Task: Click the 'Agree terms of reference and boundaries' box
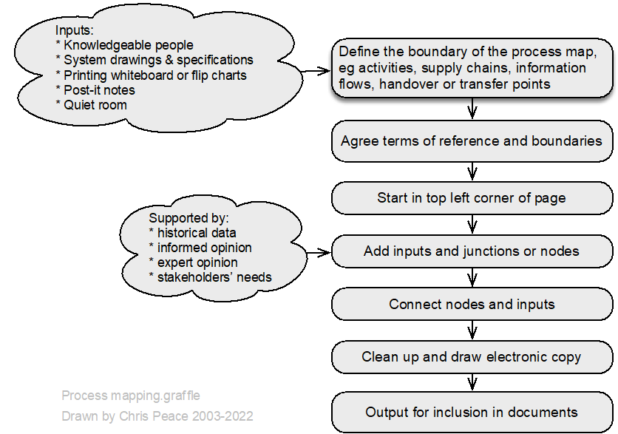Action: pyautogui.click(x=472, y=141)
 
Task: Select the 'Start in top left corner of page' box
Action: pyautogui.click(x=472, y=198)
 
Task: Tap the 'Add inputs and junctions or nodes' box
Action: pyautogui.click(x=472, y=251)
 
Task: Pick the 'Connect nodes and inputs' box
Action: pyautogui.click(x=472, y=304)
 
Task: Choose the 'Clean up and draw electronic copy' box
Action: pyautogui.click(x=472, y=357)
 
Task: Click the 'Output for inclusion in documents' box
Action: pyautogui.click(x=472, y=412)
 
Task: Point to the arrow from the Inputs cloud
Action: pyautogui.click(x=316, y=71)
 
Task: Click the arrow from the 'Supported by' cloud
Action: pyautogui.click(x=319, y=252)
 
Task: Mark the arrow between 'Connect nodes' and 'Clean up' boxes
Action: pyautogui.click(x=472, y=330)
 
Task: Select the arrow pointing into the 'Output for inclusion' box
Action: pyautogui.click(x=472, y=382)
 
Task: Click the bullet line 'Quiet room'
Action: pyautogui.click(x=92, y=105)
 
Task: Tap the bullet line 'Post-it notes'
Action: pyautogui.click(x=95, y=90)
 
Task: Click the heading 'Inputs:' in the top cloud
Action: pyautogui.click(x=75, y=30)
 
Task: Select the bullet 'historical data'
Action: pyautogui.click(x=193, y=233)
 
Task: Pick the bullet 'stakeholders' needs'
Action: pyautogui.click(x=211, y=277)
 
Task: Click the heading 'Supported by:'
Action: pyautogui.click(x=189, y=218)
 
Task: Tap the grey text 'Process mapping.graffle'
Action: pyautogui.click(x=131, y=396)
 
